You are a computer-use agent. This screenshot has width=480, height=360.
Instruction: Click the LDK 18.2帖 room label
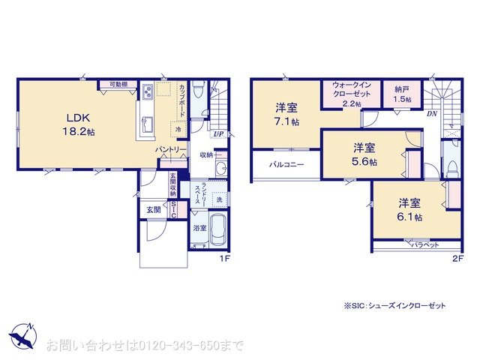[79, 124]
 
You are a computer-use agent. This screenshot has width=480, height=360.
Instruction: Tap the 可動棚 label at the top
[118, 84]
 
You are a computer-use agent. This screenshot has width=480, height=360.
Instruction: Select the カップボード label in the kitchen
[183, 98]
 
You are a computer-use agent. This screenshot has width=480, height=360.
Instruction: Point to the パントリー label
[170, 150]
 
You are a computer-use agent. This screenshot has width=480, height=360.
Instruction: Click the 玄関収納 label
[172, 185]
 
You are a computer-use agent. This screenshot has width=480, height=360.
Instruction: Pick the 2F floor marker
[457, 259]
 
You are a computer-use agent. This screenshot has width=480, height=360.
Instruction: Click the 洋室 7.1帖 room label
[286, 113]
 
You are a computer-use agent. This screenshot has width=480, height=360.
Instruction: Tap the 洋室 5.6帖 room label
[365, 154]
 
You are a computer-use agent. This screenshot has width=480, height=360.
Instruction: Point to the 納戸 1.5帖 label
[403, 94]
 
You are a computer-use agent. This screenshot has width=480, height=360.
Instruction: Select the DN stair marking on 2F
[432, 113]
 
